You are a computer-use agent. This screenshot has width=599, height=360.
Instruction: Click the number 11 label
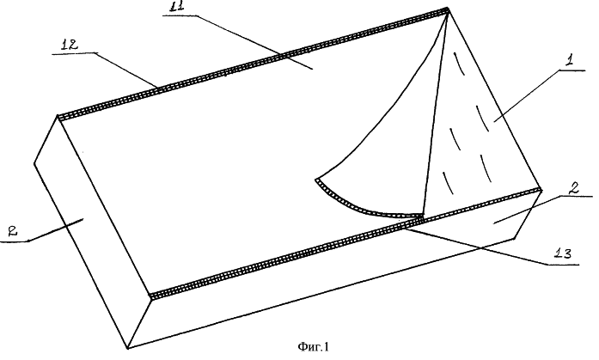coord(177,7)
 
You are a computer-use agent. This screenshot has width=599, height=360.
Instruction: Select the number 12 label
coord(70,45)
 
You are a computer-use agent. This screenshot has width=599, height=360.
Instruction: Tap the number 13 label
coord(562,253)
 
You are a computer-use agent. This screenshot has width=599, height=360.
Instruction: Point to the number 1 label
coord(570,61)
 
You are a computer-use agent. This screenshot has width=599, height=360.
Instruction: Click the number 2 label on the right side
coord(573,188)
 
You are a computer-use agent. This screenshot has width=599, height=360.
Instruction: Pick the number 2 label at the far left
coord(13,231)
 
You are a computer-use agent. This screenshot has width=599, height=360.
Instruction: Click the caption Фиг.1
coord(313,346)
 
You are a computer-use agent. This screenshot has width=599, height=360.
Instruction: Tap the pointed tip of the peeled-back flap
coord(316,180)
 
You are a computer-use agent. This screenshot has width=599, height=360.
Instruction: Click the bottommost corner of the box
coord(127,348)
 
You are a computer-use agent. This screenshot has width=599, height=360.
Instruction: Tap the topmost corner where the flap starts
coord(448,8)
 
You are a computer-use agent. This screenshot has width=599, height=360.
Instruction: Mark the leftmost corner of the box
coord(34,163)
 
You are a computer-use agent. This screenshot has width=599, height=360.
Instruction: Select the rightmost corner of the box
coord(541,190)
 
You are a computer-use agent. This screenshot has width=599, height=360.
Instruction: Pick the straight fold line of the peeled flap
coord(435,112)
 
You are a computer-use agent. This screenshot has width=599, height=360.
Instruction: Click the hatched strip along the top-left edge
coord(252,63)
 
